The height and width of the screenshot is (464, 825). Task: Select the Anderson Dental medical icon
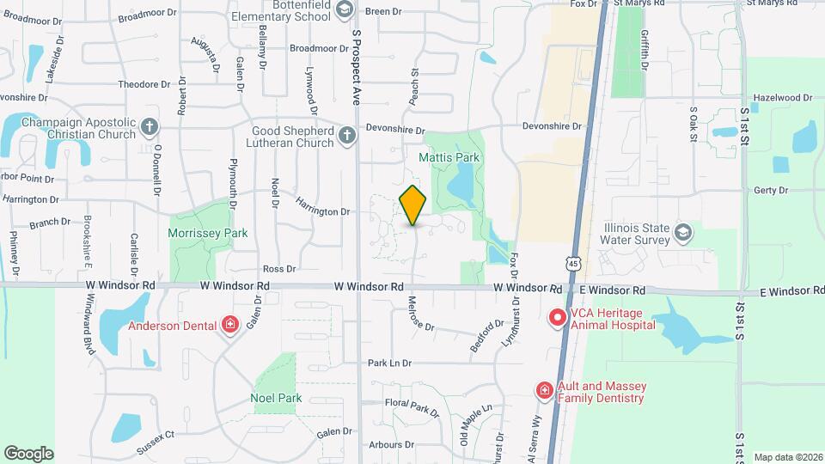click(229, 325)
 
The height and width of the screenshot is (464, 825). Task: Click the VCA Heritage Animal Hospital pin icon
click(557, 318)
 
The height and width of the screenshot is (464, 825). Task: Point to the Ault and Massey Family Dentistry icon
click(545, 391)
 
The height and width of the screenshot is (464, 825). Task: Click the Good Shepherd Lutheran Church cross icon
click(346, 136)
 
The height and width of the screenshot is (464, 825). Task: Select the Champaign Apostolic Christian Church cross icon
click(150, 128)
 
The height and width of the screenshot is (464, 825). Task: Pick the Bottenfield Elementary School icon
click(344, 9)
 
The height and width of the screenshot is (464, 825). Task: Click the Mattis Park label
click(449, 157)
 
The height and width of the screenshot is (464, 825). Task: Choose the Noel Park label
click(276, 398)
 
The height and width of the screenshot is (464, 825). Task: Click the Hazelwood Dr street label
click(781, 98)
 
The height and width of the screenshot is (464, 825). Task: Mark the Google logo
click(28, 453)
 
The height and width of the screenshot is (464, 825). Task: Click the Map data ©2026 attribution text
click(788, 457)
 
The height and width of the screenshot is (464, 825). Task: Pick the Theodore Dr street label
click(144, 84)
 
